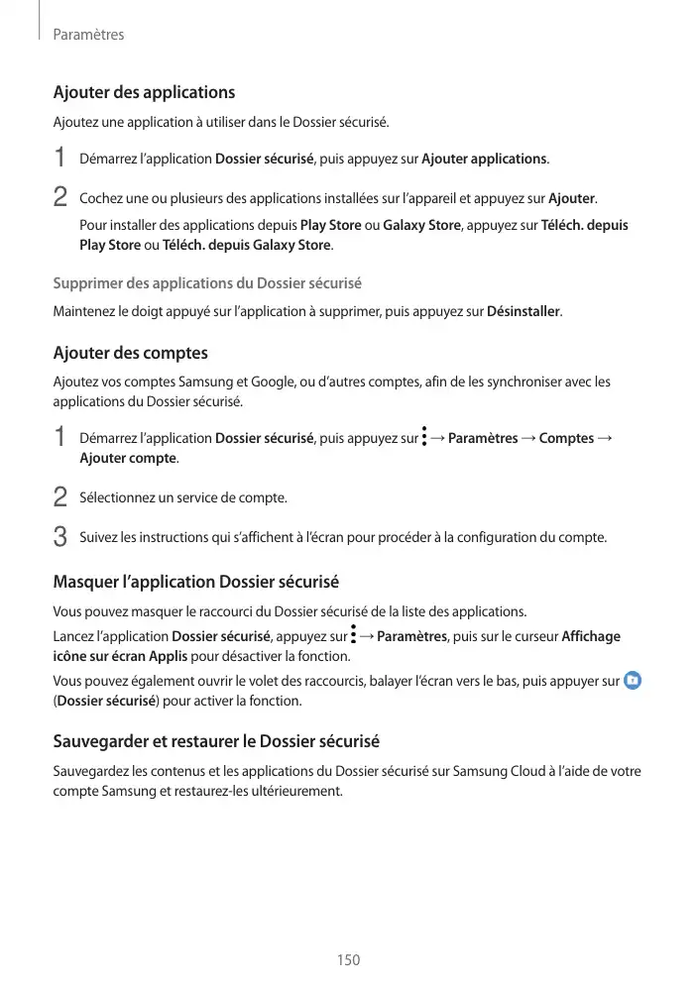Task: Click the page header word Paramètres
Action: [x=88, y=35]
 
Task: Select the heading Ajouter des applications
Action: [x=144, y=92]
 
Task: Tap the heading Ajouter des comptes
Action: [x=130, y=353]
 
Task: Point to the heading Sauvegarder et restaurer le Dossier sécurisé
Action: [x=216, y=741]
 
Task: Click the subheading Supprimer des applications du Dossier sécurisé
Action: [x=206, y=283]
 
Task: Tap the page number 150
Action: [x=348, y=960]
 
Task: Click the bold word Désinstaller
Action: [x=523, y=312]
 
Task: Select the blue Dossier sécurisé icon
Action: [x=634, y=681]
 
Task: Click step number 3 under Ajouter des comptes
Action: [x=59, y=538]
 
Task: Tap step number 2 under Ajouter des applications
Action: [x=59, y=196]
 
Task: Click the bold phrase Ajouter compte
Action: [x=128, y=459]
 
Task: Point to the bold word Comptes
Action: [x=566, y=438]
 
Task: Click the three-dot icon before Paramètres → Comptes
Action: [x=423, y=437]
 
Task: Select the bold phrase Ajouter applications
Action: [x=484, y=159]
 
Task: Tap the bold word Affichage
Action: [x=591, y=636]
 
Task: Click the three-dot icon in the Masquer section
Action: [x=353, y=635]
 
